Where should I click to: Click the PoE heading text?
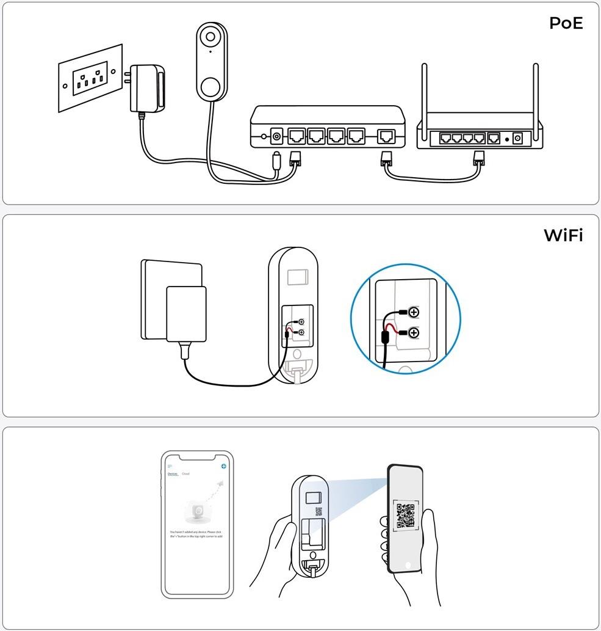coord(566,24)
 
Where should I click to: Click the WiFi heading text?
coord(563,235)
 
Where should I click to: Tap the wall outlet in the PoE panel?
coord(90,78)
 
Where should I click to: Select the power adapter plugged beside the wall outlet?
coord(147,89)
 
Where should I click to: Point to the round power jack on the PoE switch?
coord(277,136)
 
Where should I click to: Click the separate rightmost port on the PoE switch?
coord(386,136)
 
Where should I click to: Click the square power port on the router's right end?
coord(519,138)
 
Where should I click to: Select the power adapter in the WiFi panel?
coord(186,314)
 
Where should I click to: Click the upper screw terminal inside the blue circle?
coord(414,313)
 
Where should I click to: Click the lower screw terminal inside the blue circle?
coord(414,333)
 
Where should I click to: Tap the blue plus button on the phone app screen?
coord(224,466)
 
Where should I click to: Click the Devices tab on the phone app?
coord(173,474)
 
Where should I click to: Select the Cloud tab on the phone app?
coord(185,474)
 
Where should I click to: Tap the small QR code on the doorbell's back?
coord(318,512)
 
